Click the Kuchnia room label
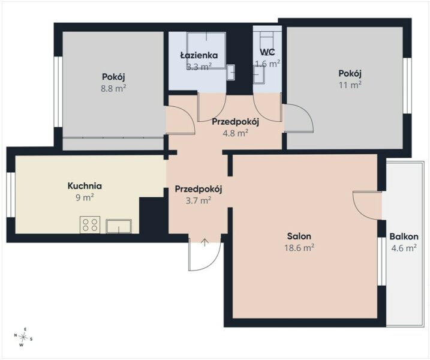[x=85, y=186]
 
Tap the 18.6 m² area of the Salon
[x=299, y=248]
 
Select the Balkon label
[x=404, y=236]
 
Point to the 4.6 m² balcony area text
[x=404, y=248]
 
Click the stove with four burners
[x=90, y=225]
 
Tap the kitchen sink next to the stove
[x=119, y=226]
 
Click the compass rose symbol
[x=23, y=337]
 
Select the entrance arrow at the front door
[x=205, y=242]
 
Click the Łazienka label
[x=199, y=55]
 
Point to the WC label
[x=267, y=52]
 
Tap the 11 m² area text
[x=350, y=85]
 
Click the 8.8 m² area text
[x=113, y=88]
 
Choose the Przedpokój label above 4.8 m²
[x=236, y=122]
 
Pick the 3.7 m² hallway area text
[x=199, y=200]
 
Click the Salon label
[x=299, y=236]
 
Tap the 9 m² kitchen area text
[x=85, y=197]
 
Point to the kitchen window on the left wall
[x=11, y=195]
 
